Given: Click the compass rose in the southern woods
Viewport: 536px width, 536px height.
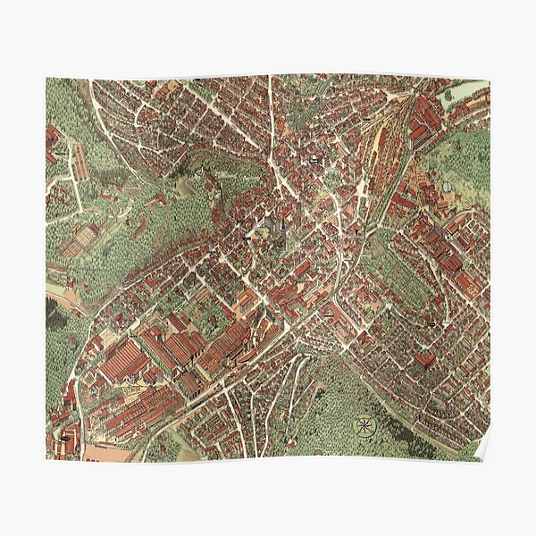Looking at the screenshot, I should coord(364,425).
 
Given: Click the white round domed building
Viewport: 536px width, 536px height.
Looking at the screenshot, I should coord(316,159).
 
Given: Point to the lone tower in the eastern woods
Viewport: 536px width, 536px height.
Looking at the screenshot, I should coord(444,182).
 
